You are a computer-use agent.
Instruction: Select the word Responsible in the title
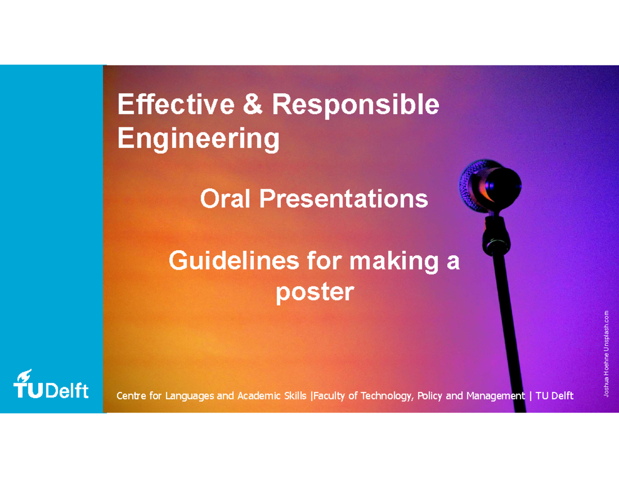point(355,106)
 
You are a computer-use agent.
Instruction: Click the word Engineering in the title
point(199,139)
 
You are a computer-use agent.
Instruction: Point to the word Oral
point(226,199)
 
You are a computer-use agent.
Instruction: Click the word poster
point(315,293)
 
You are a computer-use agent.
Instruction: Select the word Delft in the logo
point(67,390)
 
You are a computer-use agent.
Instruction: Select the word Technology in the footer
point(386,396)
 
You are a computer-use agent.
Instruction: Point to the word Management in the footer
point(495,396)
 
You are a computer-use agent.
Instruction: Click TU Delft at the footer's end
point(555,396)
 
